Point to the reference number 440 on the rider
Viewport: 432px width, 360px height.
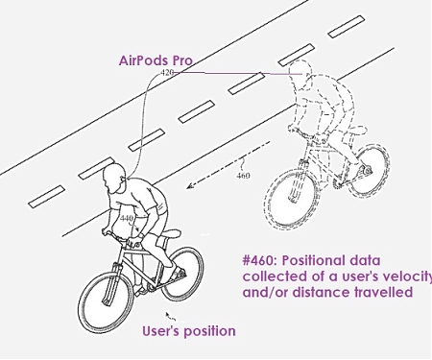point(126,219)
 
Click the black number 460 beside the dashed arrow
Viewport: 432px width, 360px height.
point(244,176)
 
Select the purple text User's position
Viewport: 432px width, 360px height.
point(188,331)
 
